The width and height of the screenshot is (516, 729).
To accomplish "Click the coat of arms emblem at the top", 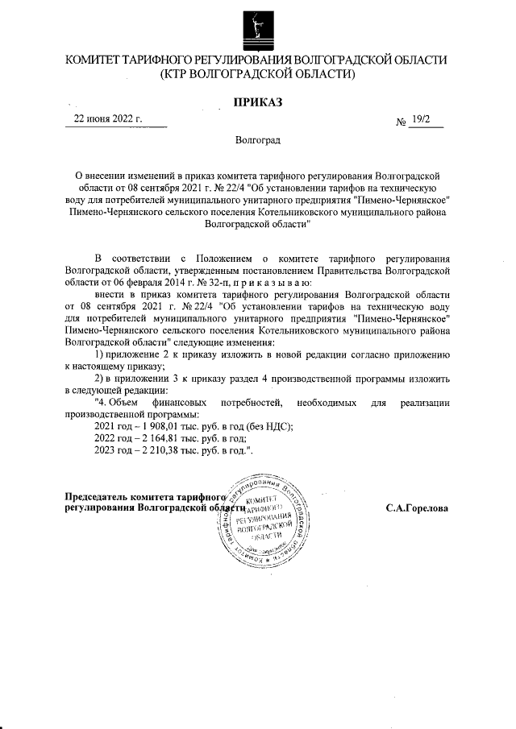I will point(257,28).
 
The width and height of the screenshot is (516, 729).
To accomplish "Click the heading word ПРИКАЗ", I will point(258,101).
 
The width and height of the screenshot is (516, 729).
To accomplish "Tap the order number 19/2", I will point(421,119).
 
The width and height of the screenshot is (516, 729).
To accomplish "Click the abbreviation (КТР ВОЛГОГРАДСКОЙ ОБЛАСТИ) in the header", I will point(258,74).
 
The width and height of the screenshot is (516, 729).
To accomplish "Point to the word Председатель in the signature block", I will point(96,496).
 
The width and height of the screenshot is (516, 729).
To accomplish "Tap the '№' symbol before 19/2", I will point(401,122).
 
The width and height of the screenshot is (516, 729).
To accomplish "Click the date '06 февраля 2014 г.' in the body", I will point(144,284).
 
